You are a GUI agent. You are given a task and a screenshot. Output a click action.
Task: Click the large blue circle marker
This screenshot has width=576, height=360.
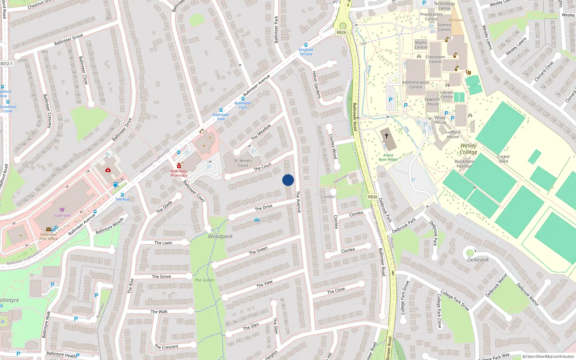tap(288, 180)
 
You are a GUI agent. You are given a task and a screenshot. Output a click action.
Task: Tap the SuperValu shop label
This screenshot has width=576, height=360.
tap(62, 215)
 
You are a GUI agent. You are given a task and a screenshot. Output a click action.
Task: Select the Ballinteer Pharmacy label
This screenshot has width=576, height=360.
tap(179, 173)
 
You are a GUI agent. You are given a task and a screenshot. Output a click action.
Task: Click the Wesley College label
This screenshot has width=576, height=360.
tap(468, 149)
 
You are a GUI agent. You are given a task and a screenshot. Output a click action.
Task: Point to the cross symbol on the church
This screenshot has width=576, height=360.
tap(387, 136)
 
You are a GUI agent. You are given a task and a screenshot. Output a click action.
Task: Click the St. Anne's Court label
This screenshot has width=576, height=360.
tap(243, 163)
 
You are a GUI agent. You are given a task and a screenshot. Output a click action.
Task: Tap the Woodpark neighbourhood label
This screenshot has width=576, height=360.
tap(220, 237)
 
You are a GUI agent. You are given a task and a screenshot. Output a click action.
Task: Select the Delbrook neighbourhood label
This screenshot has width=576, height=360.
tap(478, 260)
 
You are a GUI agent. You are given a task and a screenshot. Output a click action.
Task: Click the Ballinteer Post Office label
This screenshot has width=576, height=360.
tap(49, 237)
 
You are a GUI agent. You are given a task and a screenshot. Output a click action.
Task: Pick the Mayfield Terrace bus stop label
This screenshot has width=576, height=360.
tap(306, 52)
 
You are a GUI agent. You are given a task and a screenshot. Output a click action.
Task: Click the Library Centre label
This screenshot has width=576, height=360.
tap(447, 94)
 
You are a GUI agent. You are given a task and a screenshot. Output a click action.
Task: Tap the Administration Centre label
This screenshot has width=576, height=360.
tap(416, 85)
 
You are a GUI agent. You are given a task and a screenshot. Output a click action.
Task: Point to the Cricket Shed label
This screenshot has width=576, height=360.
tap(503, 159)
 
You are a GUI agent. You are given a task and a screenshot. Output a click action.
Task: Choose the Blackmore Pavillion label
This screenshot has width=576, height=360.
tap(464, 164)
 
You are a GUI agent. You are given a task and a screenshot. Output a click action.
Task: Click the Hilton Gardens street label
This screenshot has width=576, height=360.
tap(316, 85)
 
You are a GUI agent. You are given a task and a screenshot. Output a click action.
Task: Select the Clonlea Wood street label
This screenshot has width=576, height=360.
tap(333, 147)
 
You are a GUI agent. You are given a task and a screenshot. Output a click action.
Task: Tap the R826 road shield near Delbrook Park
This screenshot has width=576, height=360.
tap(373, 197)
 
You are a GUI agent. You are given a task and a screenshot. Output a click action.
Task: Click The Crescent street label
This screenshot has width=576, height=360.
tap(166, 347)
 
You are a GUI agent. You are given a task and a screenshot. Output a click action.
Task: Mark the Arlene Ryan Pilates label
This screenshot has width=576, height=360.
tap(388, 157)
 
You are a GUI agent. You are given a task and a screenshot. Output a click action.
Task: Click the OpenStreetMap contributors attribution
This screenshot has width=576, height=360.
tap(548, 357)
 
